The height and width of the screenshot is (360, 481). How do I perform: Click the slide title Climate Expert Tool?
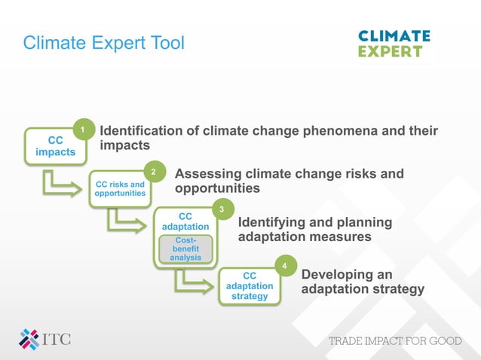(x=103, y=43)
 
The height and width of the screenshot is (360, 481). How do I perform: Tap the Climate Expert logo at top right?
(x=394, y=44)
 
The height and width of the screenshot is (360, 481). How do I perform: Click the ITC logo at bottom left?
(x=45, y=339)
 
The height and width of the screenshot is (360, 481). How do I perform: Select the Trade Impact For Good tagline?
(x=394, y=341)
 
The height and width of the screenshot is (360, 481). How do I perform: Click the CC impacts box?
(x=55, y=146)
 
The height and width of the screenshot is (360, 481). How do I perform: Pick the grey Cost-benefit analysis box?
(x=185, y=249)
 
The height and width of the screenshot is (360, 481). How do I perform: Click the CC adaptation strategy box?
(x=250, y=286)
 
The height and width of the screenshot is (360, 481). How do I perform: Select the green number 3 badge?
(x=221, y=209)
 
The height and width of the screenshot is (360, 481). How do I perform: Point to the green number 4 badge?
(x=283, y=266)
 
